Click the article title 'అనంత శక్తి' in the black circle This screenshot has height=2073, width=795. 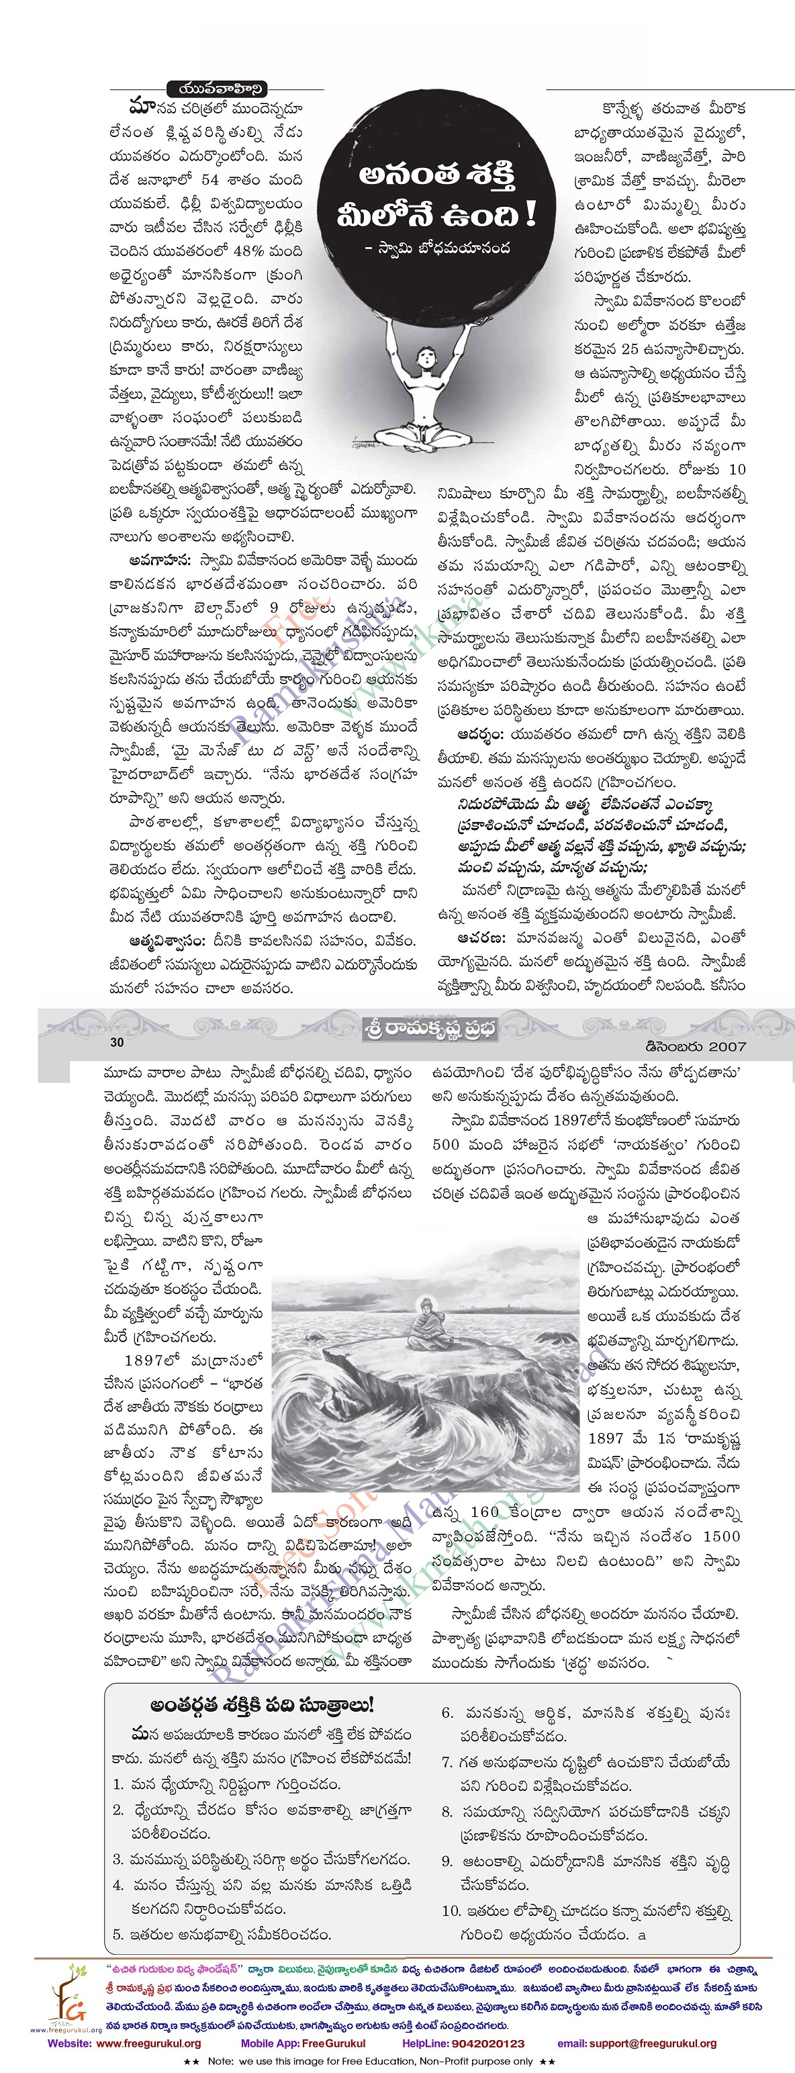(438, 175)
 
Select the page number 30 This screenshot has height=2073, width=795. (117, 1043)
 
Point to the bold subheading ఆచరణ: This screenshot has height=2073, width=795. (482, 938)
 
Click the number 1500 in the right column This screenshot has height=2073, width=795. (721, 1536)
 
